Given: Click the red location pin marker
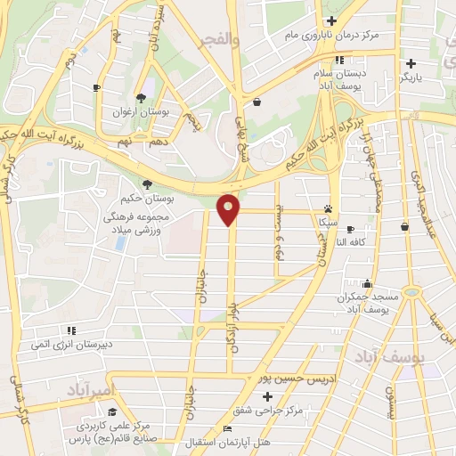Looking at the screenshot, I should [229, 208].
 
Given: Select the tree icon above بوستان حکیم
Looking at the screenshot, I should [147, 183].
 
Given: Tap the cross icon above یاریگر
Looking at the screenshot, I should [411, 63].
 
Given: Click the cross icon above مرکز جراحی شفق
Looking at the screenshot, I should [267, 395].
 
